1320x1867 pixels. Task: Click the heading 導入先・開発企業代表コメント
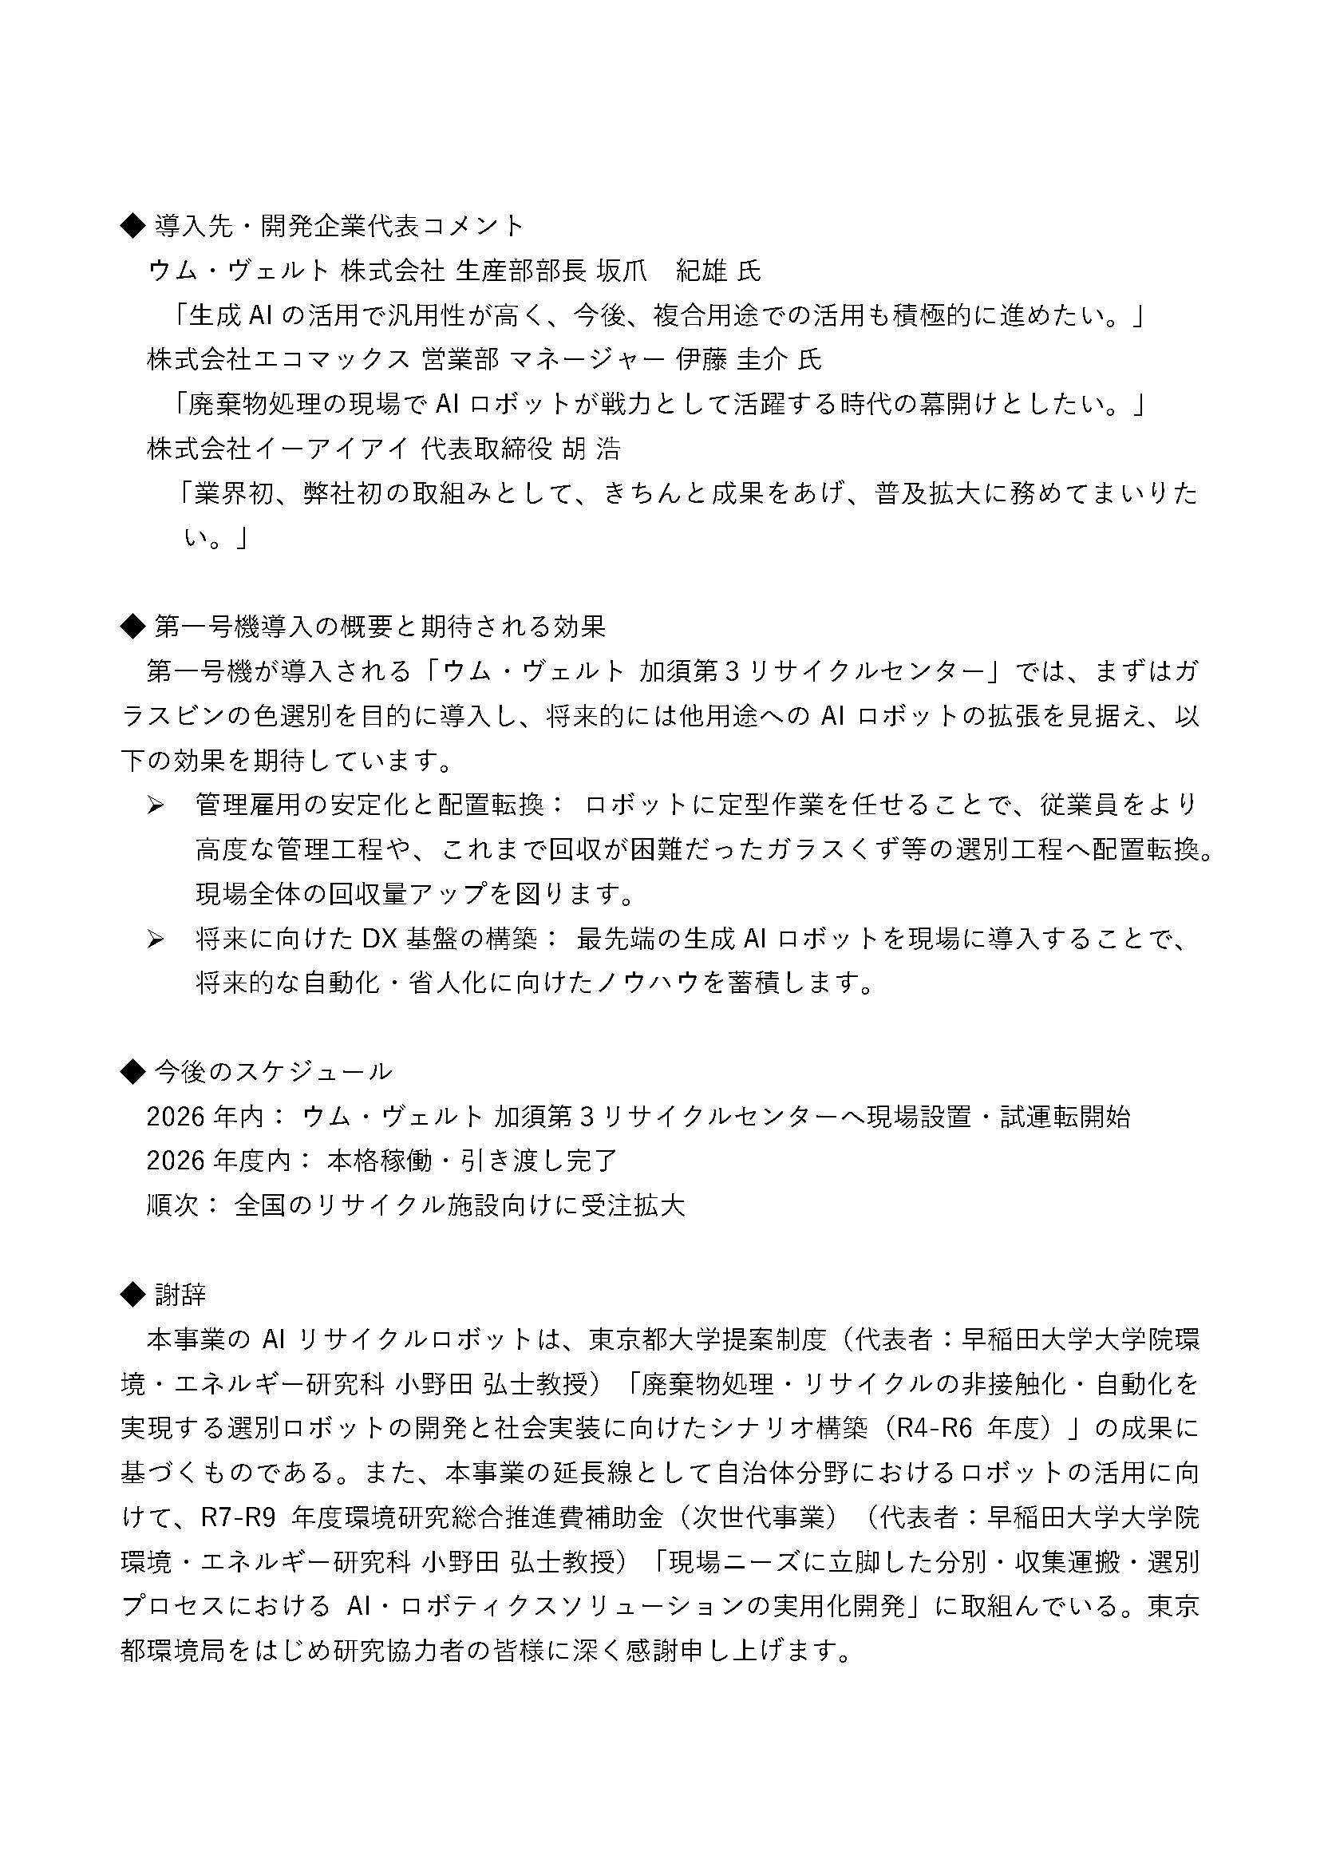[339, 226]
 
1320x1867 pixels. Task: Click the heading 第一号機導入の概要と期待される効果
[380, 626]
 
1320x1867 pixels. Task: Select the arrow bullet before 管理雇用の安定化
[156, 806]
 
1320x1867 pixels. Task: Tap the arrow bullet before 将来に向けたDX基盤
[156, 940]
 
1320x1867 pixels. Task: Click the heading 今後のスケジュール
[273, 1072]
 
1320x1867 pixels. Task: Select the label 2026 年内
[205, 1117]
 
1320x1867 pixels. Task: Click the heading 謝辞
[180, 1294]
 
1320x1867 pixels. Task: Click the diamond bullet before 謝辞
[131, 1294]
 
